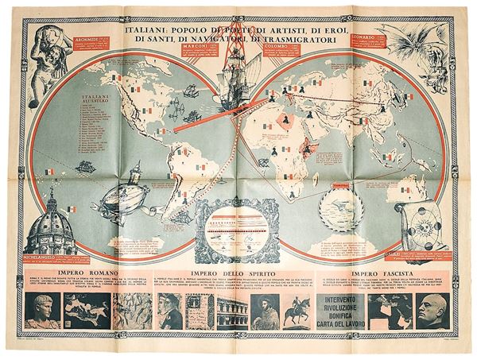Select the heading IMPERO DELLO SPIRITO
[x=229, y=276]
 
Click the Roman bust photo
[x=41, y=312]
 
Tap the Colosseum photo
[x=231, y=312]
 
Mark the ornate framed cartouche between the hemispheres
[x=237, y=230]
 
